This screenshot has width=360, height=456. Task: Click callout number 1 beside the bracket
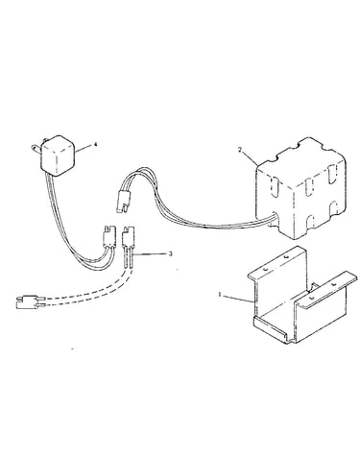(220, 294)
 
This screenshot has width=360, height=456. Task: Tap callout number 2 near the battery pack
(239, 150)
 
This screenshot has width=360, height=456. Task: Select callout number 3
(170, 253)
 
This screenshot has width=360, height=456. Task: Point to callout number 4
(95, 145)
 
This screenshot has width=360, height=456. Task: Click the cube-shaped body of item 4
(58, 156)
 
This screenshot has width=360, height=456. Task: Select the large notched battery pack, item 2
(300, 189)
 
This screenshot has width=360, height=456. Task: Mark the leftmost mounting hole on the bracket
(265, 270)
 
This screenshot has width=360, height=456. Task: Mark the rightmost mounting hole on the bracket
(334, 284)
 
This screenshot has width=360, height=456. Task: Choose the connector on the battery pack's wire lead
(123, 201)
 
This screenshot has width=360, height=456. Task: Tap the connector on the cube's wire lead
(108, 236)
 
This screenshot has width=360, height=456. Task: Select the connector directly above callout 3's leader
(127, 236)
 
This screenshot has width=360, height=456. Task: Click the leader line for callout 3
(149, 254)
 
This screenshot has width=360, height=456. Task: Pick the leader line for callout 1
(237, 298)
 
